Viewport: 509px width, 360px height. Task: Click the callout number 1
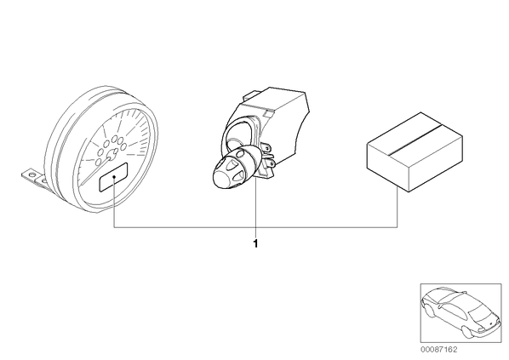255,243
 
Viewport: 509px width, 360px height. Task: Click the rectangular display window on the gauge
113,177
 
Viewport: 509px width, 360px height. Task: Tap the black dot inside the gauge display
114,176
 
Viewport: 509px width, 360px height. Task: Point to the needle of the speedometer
96,171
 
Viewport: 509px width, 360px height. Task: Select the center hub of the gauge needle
112,155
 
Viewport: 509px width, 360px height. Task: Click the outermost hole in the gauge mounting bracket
31,174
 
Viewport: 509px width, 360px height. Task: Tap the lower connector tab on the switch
270,163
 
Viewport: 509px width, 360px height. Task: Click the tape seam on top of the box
415,139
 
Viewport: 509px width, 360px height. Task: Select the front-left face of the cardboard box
387,166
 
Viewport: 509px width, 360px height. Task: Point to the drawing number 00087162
438,350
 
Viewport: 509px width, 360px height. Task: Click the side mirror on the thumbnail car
439,306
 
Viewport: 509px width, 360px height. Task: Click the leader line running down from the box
397,208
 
